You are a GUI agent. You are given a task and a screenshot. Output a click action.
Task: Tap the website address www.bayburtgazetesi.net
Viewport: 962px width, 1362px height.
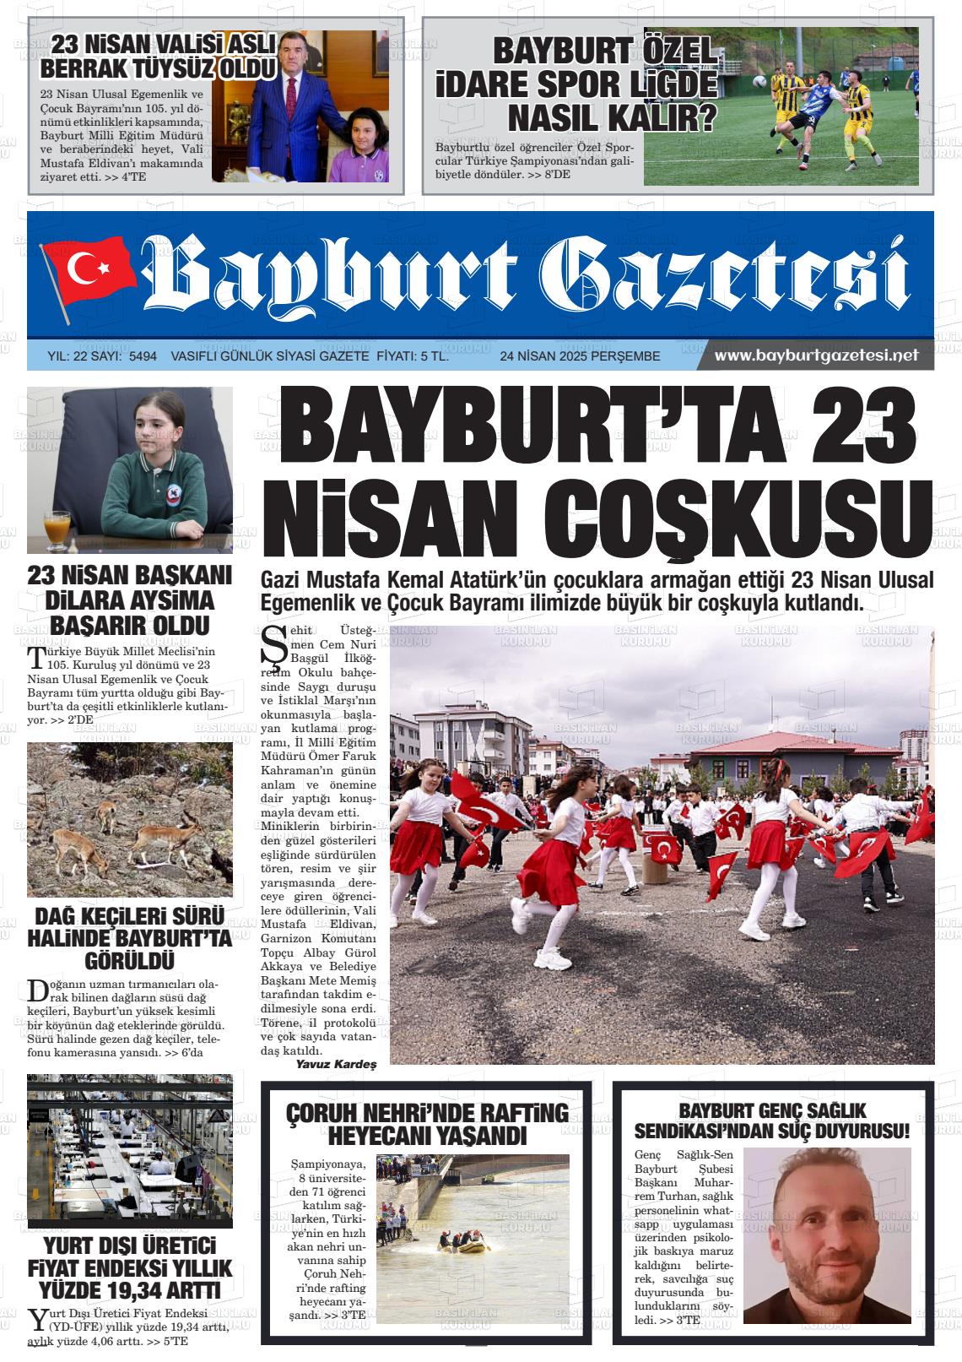[815, 356]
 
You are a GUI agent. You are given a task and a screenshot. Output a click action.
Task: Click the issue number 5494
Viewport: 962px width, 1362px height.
[143, 357]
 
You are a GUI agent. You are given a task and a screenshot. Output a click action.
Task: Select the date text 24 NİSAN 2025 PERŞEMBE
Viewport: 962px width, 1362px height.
[580, 357]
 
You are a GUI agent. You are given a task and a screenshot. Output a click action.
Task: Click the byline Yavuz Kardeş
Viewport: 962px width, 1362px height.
[336, 1064]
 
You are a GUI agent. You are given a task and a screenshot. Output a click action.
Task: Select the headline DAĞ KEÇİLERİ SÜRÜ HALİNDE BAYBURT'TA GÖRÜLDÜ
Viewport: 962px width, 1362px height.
[129, 938]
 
